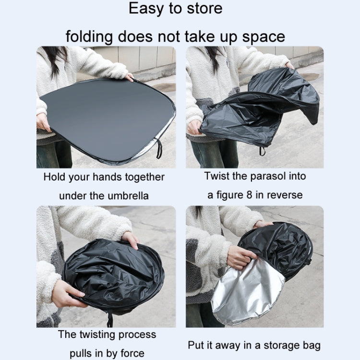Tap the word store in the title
click(x=204, y=9)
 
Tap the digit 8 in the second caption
click(x=249, y=195)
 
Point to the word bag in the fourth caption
click(x=312, y=346)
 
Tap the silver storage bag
click(x=248, y=291)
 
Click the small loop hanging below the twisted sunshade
click(x=262, y=151)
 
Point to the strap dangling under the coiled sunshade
click(x=110, y=320)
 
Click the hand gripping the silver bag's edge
click(x=241, y=257)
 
